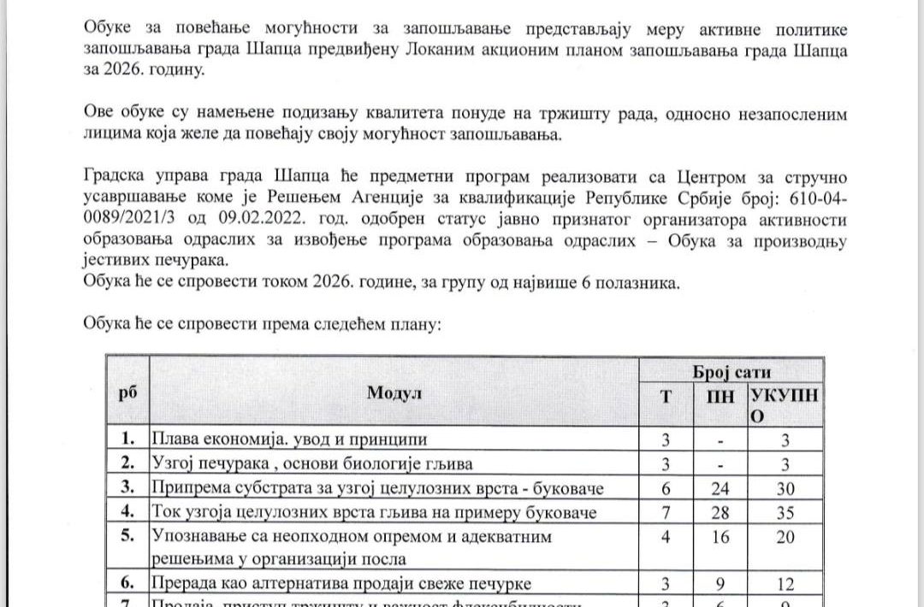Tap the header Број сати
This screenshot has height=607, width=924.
pos(731,371)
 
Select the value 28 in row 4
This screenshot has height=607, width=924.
pos(720,512)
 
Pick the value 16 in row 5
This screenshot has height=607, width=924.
pos(720,537)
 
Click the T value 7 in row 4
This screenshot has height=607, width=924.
pos(667,512)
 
